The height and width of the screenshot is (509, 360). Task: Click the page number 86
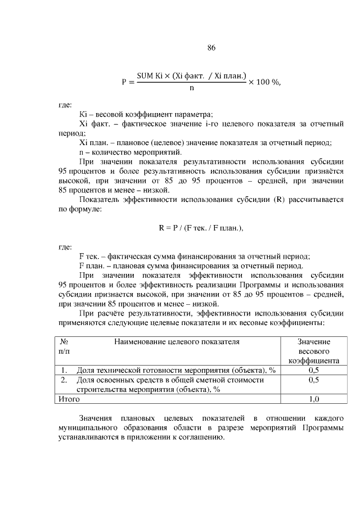click(211, 48)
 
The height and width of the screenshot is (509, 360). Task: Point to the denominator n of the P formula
click(192, 88)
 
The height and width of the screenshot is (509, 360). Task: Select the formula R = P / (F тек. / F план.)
click(201, 228)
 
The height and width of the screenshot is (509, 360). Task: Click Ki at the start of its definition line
click(83, 114)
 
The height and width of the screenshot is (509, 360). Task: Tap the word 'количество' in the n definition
click(112, 152)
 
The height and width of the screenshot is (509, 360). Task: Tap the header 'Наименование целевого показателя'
click(177, 341)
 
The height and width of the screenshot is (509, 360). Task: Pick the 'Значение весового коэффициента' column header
click(313, 351)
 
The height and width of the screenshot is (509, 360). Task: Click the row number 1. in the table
click(64, 370)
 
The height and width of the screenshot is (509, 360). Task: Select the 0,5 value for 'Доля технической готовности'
click(313, 370)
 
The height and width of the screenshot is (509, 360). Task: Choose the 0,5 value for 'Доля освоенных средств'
click(313, 380)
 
